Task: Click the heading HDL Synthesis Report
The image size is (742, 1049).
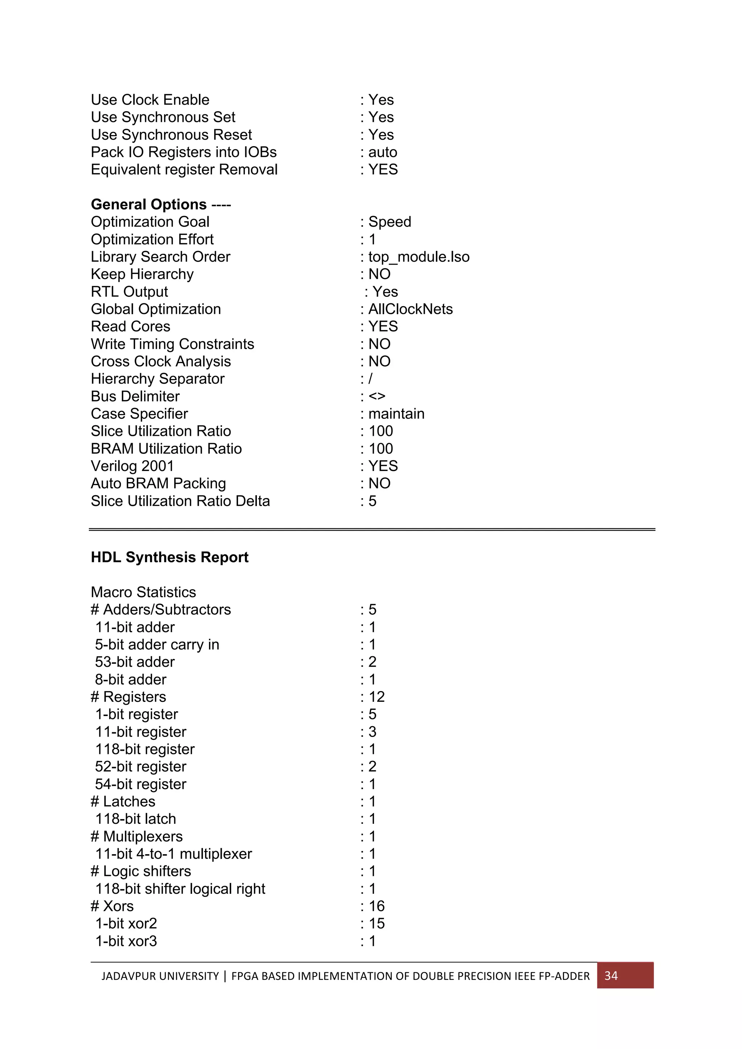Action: click(169, 557)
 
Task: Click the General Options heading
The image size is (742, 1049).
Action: click(149, 204)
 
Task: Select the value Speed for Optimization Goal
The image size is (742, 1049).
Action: click(389, 222)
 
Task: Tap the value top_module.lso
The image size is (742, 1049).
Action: click(418, 257)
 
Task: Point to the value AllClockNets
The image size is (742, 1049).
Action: click(410, 309)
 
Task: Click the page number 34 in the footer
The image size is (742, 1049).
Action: click(611, 976)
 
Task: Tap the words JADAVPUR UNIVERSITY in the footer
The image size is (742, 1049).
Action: click(160, 976)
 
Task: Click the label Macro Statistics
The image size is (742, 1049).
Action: click(143, 592)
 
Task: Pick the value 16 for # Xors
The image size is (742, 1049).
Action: click(376, 906)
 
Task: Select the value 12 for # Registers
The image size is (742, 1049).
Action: click(376, 697)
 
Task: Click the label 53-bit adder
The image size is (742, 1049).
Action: click(134, 662)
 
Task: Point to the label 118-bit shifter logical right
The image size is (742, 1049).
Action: click(180, 889)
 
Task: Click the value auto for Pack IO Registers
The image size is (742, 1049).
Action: click(382, 152)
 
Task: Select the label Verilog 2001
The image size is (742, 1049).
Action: click(132, 466)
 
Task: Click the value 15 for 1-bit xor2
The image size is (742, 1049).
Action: click(376, 923)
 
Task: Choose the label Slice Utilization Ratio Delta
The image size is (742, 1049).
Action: click(180, 501)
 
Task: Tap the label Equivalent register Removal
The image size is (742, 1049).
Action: click(184, 169)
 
